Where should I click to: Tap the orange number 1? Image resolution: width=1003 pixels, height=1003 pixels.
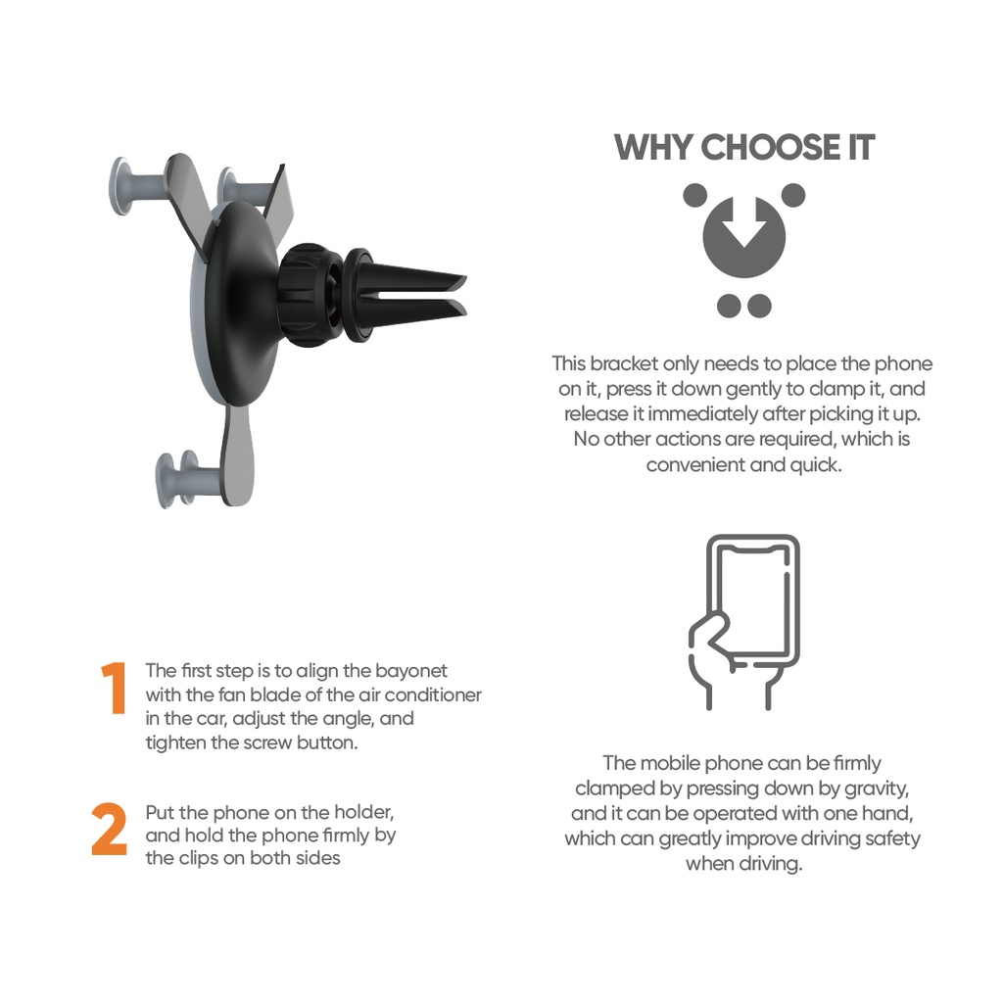click(x=115, y=689)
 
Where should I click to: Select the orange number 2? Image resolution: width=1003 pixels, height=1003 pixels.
click(x=110, y=831)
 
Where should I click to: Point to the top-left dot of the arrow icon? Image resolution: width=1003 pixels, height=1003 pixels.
click(x=694, y=195)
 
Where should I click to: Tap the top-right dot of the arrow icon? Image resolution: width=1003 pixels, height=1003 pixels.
click(x=793, y=195)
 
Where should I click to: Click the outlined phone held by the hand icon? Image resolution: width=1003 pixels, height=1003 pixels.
click(x=753, y=597)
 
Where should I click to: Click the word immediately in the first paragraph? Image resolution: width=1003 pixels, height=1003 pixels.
click(x=724, y=414)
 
